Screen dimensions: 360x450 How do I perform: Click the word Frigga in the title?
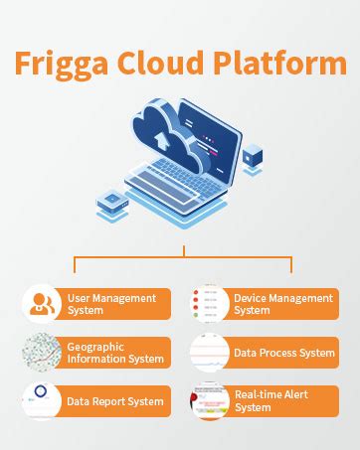[61, 64]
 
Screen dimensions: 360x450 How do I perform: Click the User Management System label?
[111, 304]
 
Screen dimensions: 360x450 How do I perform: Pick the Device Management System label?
[282, 304]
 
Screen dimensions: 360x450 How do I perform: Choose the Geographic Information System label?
[115, 353]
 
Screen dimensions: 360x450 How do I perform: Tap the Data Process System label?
[284, 353]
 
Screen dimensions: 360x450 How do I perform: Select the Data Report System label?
[114, 401]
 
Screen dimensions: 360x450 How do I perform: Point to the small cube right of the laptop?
[253, 155]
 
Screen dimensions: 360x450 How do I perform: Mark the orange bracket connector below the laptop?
[182, 260]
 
